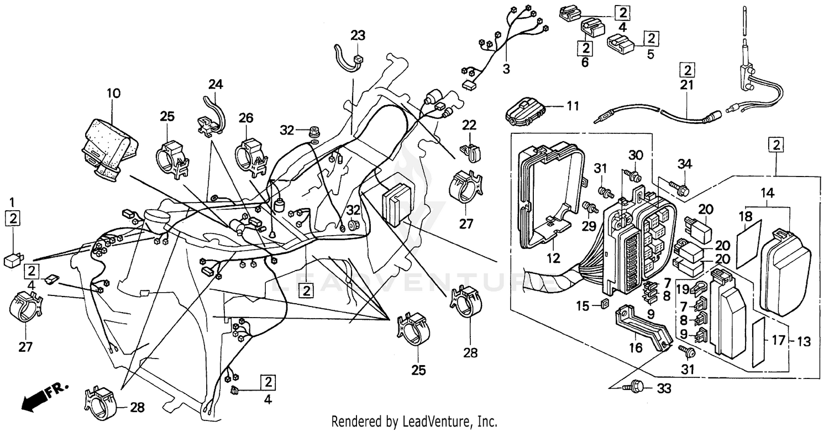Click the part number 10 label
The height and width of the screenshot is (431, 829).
[x=113, y=93]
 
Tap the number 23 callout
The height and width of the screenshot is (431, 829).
[x=358, y=35]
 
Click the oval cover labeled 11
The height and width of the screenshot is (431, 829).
[x=524, y=113]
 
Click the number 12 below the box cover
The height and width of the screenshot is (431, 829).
[x=553, y=258]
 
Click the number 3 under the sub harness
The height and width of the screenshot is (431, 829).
[x=506, y=70]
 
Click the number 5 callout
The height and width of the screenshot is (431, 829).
[x=650, y=54]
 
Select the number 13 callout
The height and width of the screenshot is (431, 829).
[x=804, y=341]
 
